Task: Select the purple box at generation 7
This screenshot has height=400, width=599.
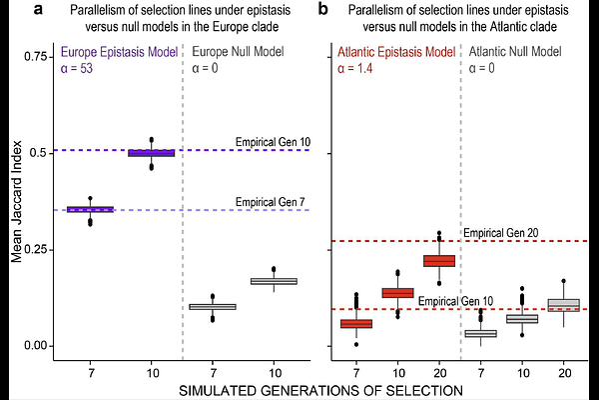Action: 90,209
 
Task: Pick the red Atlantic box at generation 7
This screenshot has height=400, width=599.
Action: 356,323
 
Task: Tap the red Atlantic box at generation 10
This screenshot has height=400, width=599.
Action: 397,293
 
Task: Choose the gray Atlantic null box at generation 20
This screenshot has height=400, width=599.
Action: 563,304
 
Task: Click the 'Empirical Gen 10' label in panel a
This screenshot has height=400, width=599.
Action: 272,141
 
